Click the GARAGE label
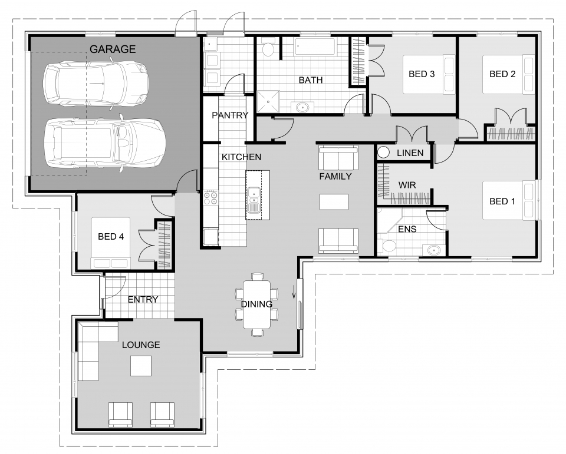113,49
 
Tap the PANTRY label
230,115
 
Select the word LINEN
410,153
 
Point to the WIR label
407,185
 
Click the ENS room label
407,229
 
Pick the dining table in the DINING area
256,304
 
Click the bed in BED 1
508,200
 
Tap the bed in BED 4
110,243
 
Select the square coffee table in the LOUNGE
141,366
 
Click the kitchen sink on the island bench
254,200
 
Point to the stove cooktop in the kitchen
210,198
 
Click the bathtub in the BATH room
316,47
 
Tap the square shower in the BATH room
268,101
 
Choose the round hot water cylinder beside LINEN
384,153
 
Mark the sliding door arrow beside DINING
294,291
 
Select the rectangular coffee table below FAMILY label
334,202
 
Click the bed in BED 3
429,74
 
